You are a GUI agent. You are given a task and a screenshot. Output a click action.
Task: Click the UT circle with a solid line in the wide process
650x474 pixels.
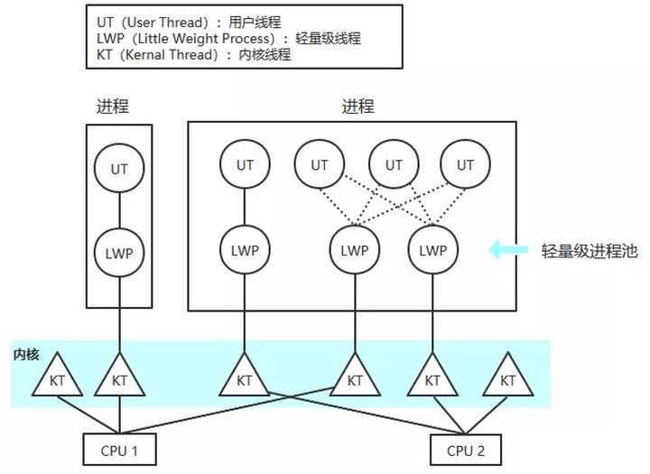(x=245, y=165)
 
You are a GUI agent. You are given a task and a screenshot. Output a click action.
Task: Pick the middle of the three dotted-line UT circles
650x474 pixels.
(x=394, y=165)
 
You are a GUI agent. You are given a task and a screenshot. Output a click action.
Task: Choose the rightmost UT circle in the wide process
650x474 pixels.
(x=465, y=165)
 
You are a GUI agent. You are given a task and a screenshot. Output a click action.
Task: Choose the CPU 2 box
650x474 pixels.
(x=463, y=448)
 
